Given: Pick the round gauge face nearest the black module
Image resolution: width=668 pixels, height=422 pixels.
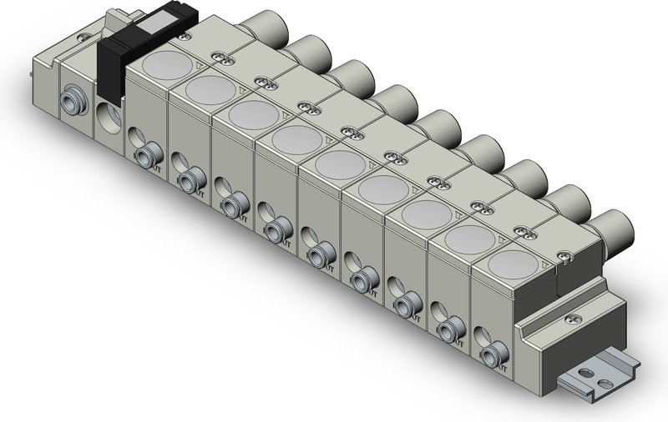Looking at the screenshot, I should coord(166,65).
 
